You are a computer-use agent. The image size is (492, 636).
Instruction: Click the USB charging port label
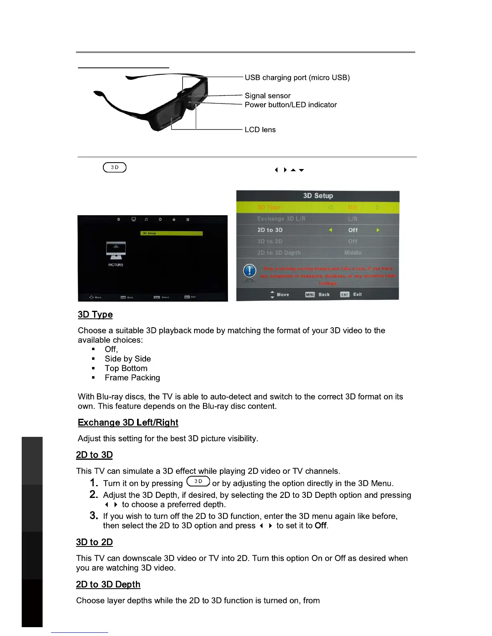(297, 77)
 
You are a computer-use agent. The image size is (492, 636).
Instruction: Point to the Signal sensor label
(267, 96)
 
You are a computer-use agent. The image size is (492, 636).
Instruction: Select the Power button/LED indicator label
(291, 105)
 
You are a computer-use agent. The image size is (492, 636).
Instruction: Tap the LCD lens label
(260, 130)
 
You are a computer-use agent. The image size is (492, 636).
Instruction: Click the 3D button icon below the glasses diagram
(115, 167)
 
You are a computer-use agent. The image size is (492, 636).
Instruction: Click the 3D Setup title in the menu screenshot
(318, 196)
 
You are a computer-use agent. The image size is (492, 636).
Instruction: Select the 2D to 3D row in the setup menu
(318, 230)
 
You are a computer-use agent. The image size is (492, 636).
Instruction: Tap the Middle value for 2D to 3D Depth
(353, 253)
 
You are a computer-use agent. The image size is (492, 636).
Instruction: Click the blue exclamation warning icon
(250, 271)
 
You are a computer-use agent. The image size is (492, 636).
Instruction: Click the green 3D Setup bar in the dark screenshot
(172, 233)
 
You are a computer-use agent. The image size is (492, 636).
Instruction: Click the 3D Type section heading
(95, 314)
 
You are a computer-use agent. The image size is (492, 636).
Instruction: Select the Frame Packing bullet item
(132, 378)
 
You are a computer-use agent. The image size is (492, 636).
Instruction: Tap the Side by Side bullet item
(128, 359)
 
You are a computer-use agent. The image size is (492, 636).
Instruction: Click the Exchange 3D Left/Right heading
(128, 422)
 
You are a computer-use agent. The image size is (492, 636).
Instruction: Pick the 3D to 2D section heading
(94, 542)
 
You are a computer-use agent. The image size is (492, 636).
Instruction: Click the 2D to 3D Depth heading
(108, 584)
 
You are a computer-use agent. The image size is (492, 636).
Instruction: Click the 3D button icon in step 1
(198, 481)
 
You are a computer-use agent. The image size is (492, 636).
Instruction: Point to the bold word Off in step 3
(320, 526)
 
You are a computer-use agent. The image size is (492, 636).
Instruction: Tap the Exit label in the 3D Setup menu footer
(357, 294)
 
